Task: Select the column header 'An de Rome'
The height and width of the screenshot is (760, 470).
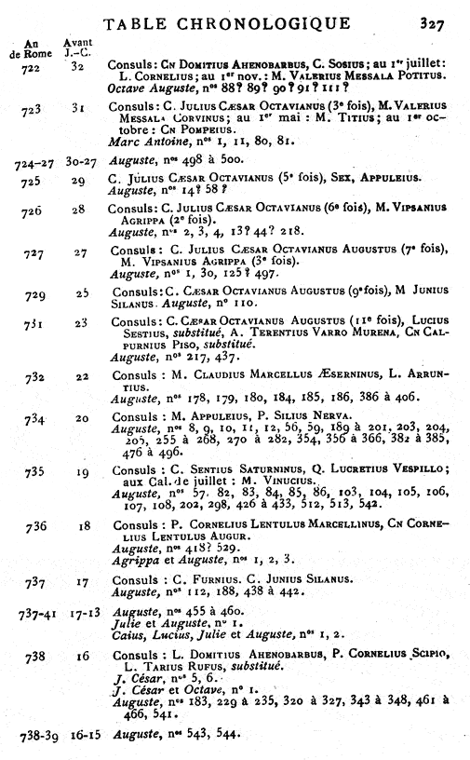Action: pos(28,49)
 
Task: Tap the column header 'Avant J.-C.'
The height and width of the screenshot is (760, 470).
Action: pos(77,49)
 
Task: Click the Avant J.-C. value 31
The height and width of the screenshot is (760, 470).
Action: pos(79,110)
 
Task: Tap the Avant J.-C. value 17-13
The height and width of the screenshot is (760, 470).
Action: pos(81,615)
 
